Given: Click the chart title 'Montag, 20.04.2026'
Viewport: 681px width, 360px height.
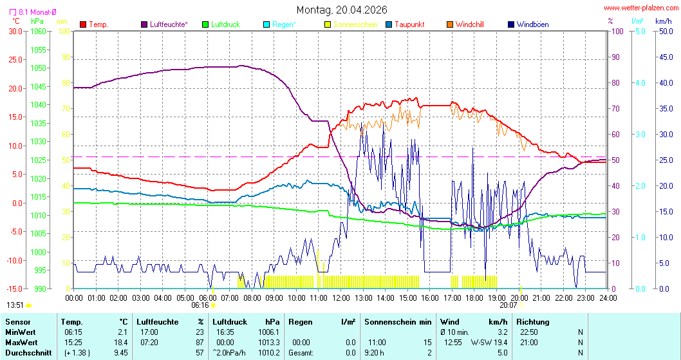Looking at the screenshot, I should [x=341, y=10].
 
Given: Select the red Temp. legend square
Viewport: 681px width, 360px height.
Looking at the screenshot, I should [x=83, y=24].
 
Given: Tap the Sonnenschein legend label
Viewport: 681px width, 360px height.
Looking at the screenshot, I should [x=351, y=24].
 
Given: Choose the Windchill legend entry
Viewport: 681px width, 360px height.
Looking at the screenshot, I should [x=469, y=24].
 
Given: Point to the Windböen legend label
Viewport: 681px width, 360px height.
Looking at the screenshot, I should [x=532, y=24].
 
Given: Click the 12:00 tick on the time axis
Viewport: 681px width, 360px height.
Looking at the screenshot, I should [x=340, y=298].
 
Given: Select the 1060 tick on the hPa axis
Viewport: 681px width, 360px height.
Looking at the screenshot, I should [x=38, y=31].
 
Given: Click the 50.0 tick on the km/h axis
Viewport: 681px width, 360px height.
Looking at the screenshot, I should [x=664, y=31].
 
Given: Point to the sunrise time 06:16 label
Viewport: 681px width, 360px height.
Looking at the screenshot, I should [x=201, y=305].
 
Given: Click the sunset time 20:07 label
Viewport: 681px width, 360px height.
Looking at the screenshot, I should [x=508, y=305].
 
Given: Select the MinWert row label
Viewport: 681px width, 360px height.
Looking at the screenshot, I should [x=20, y=332].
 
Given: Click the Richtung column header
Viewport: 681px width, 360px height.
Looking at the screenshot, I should [x=533, y=321].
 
